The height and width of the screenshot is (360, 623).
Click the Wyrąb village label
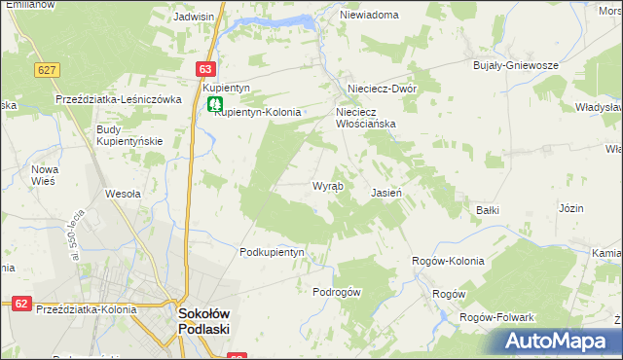click(326, 186)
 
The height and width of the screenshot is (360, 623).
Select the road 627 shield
click(46, 70)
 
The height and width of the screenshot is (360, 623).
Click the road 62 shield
click(21, 304)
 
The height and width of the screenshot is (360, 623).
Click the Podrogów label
click(337, 292)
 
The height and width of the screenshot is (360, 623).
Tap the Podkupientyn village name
click(273, 252)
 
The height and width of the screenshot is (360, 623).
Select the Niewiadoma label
click(370, 16)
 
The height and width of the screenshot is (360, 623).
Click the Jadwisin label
click(193, 17)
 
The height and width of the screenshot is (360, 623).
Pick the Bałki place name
click(488, 209)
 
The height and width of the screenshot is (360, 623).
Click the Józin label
click(571, 208)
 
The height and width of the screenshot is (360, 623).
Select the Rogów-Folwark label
click(496, 317)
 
